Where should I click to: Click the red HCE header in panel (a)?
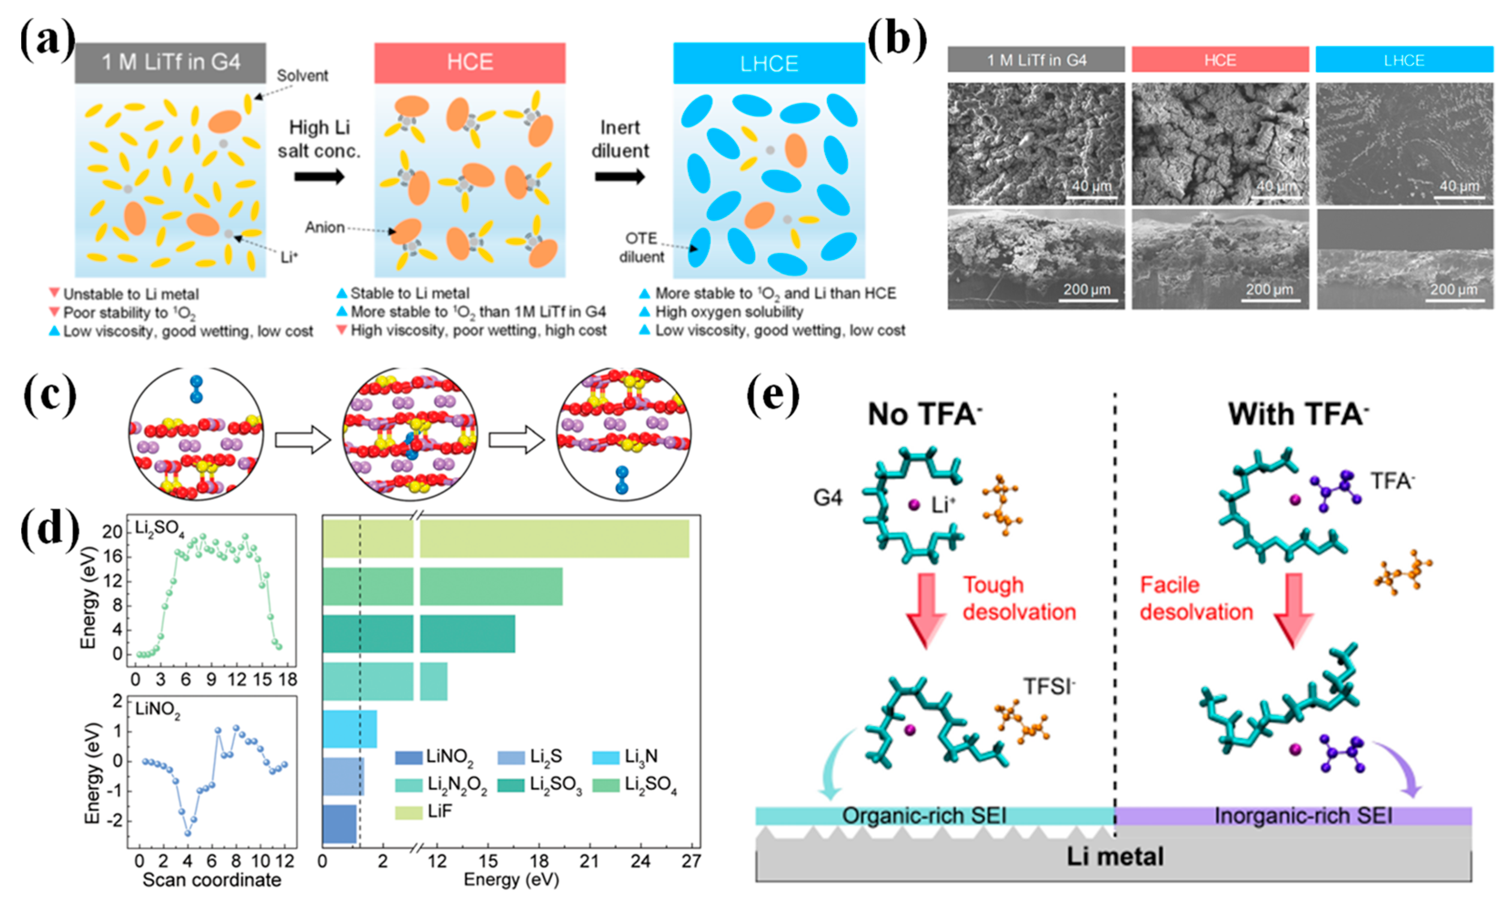pyautogui.click(x=470, y=63)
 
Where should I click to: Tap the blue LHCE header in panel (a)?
pyautogui.click(x=769, y=64)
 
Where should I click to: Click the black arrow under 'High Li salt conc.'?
pyautogui.click(x=319, y=177)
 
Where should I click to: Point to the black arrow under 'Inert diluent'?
pyautogui.click(x=620, y=177)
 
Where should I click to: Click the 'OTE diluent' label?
pyautogui.click(x=641, y=247)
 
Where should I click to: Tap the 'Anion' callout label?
pyautogui.click(x=325, y=227)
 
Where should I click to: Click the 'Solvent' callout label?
pyautogui.click(x=302, y=75)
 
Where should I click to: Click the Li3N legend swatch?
pyautogui.click(x=606, y=757)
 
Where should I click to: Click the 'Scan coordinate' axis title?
pyautogui.click(x=212, y=880)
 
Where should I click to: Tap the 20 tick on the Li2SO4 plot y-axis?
pyautogui.click(x=112, y=532)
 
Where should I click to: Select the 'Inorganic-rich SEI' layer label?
pyautogui.click(x=1303, y=815)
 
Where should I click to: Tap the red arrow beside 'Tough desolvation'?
pyautogui.click(x=926, y=610)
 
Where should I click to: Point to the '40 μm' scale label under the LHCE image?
pyautogui.click(x=1459, y=185)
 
